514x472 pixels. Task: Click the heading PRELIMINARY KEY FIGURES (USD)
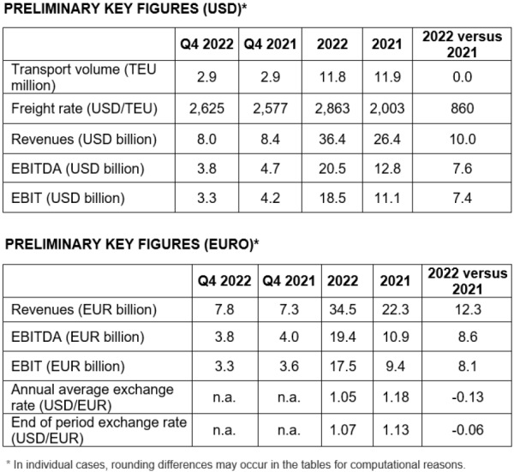click(124, 10)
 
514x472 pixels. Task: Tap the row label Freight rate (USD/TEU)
click(81, 109)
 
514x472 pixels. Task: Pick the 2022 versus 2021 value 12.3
click(465, 306)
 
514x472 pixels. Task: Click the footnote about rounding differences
click(253, 463)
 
